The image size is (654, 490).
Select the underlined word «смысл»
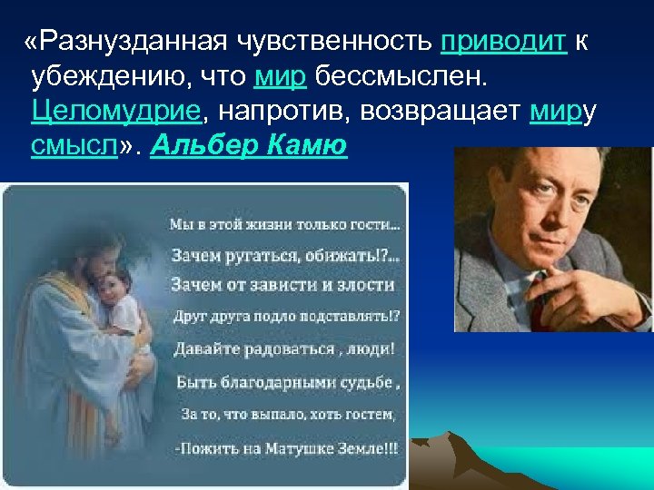pos(74,145)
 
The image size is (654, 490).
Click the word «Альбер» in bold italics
pos(198,145)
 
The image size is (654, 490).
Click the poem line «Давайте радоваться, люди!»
pos(284,348)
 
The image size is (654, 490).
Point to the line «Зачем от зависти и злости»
pos(283,285)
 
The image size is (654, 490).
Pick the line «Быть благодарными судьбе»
pos(285,381)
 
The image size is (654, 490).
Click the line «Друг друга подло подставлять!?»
pos(287,317)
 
